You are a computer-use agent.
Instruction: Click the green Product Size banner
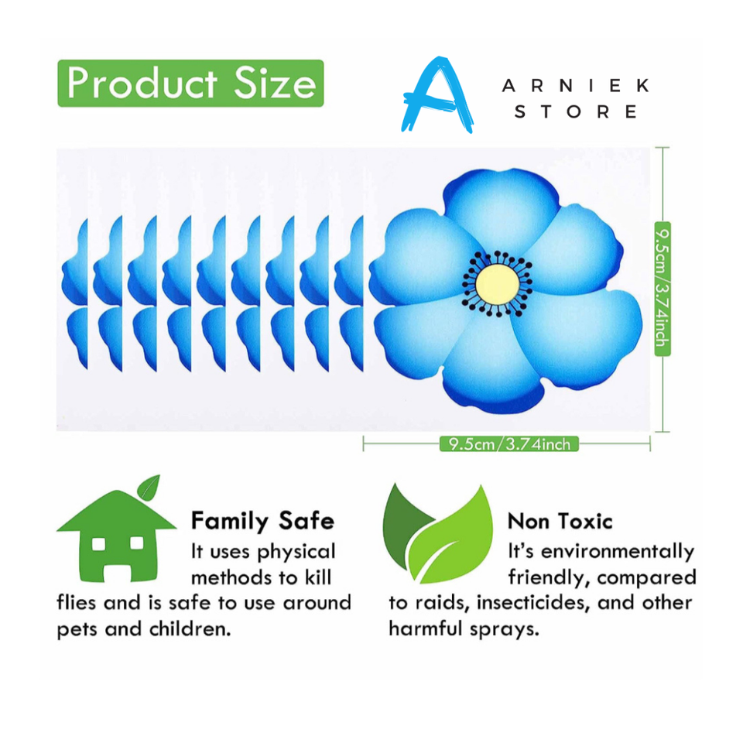190,83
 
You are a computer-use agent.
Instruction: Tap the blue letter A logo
437,95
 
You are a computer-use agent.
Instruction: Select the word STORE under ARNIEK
576,112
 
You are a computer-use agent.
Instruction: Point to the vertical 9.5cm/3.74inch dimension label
663,288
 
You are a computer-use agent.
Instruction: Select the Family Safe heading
262,520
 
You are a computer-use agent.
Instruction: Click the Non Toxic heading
560,520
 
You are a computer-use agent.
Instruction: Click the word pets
77,628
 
